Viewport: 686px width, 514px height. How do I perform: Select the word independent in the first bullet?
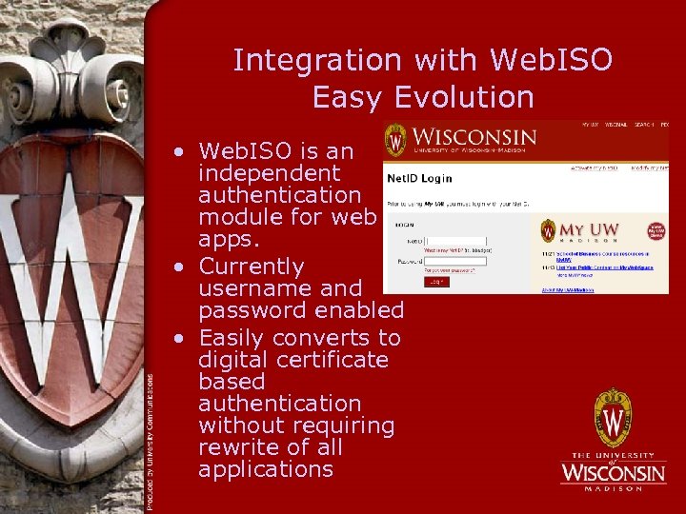tap(269, 173)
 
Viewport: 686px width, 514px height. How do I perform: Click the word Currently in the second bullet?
tap(251, 267)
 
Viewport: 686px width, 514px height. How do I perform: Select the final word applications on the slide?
tap(266, 469)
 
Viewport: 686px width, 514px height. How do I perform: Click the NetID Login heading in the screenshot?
tap(418, 178)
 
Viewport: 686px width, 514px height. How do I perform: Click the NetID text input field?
tap(455, 241)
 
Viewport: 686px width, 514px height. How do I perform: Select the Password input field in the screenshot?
tap(455, 259)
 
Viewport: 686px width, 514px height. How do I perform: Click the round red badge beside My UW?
tap(656, 231)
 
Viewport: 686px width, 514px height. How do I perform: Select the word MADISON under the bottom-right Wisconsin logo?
tap(614, 488)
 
